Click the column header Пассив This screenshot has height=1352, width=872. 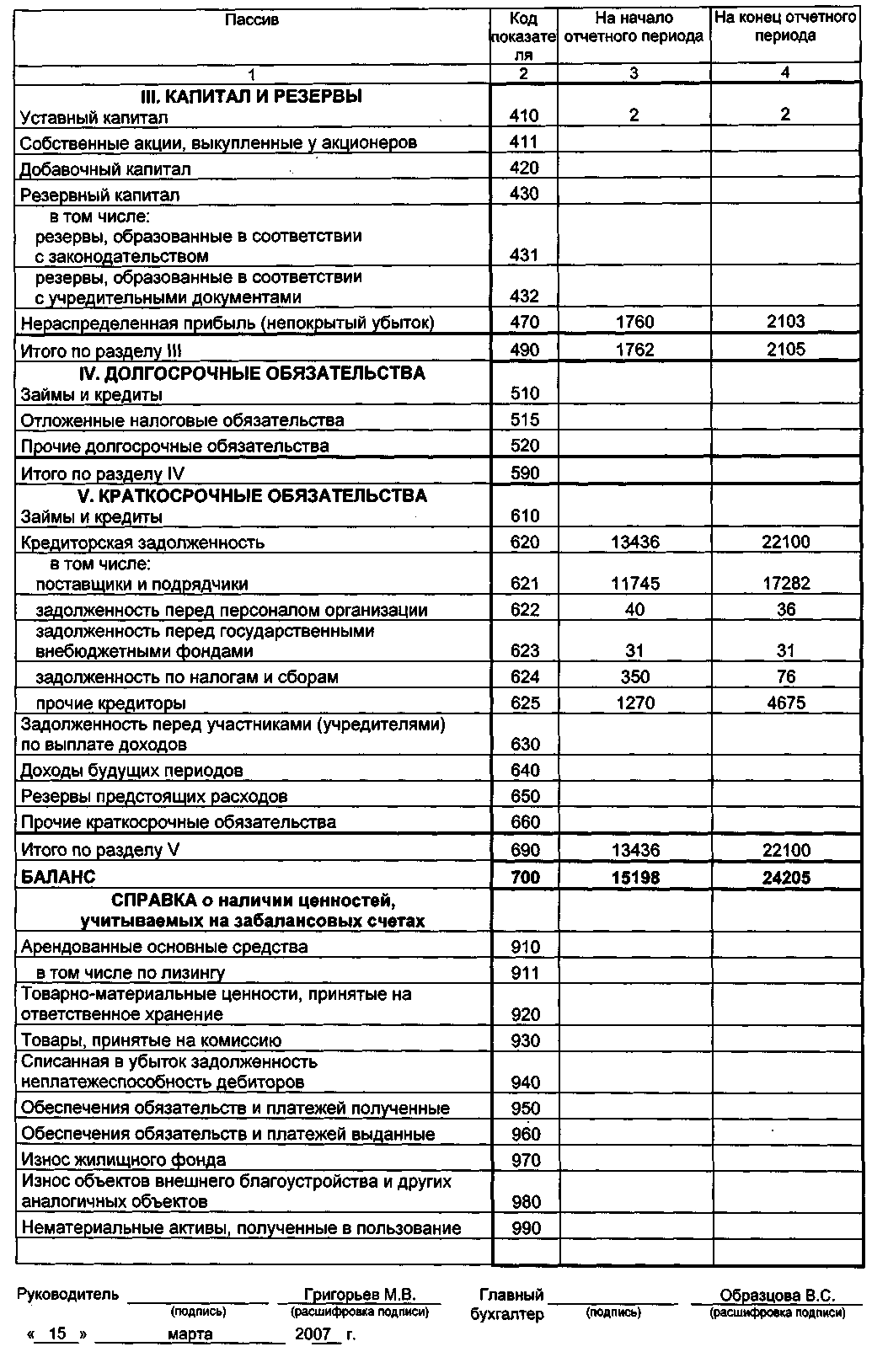(252, 19)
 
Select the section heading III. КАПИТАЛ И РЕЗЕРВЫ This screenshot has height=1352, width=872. (251, 96)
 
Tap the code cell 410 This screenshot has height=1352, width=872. (524, 116)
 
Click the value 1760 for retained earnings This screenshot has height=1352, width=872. (634, 322)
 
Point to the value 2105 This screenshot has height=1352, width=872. (785, 350)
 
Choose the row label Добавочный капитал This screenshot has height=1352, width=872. (105, 169)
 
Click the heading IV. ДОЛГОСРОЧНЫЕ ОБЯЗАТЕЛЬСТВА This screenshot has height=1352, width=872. (251, 373)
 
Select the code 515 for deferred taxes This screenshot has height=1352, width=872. (524, 420)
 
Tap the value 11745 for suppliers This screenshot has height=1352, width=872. (634, 584)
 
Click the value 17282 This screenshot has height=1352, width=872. (785, 584)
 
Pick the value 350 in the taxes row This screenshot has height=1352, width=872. (634, 677)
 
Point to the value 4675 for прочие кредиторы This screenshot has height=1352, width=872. (785, 703)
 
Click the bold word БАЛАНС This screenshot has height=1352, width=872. (58, 877)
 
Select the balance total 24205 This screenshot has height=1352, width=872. (785, 878)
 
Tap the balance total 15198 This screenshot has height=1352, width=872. (634, 878)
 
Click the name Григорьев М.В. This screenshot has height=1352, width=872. (360, 1295)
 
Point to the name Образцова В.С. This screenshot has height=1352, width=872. (777, 1296)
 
